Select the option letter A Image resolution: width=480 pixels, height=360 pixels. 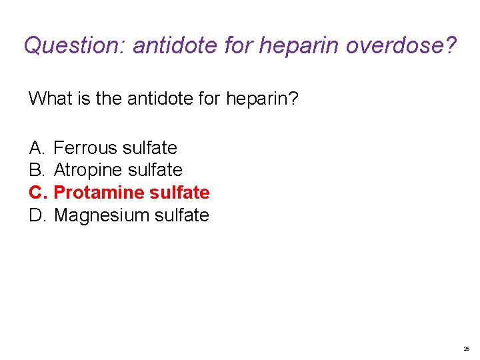(x=36, y=147)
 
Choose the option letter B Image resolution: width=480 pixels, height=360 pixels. (x=36, y=170)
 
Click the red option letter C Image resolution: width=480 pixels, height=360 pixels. (x=37, y=193)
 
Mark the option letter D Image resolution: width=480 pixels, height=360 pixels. (x=37, y=215)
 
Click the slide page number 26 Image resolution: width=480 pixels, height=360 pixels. (x=466, y=349)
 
